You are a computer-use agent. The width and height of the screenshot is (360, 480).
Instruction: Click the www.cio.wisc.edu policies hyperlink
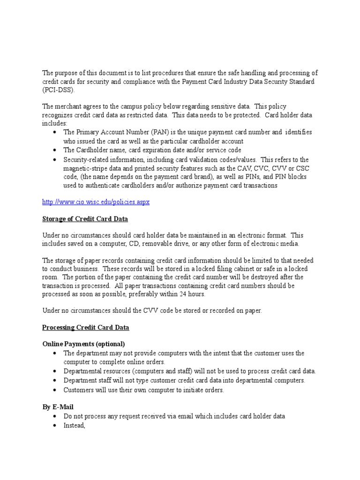point(96,202)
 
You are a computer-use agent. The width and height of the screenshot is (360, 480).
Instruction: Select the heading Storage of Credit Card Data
point(85,219)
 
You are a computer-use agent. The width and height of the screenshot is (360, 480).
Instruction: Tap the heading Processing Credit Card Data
point(86,327)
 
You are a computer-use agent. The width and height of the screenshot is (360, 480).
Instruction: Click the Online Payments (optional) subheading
point(84,344)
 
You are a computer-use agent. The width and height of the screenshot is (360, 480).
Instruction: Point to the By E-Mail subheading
point(58,407)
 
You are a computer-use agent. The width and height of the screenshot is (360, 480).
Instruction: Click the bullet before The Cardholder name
point(55,150)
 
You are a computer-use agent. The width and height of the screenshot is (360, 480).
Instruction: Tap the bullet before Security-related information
point(55,159)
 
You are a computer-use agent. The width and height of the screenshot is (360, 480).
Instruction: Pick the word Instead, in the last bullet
point(75,425)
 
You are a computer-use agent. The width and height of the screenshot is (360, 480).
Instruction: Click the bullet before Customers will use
point(55,390)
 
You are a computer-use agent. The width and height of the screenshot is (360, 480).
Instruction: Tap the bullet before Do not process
point(55,416)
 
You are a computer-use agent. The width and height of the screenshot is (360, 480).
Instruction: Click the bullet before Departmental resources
point(55,371)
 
